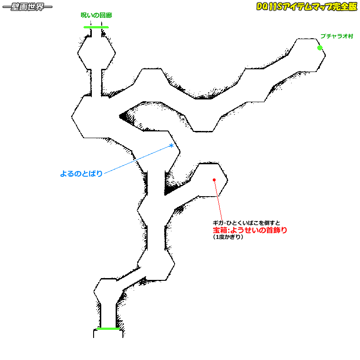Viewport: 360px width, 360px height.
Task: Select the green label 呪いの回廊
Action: click(x=96, y=15)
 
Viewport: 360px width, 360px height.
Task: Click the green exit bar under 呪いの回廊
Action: click(x=96, y=27)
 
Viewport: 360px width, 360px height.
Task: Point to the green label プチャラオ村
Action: click(x=337, y=36)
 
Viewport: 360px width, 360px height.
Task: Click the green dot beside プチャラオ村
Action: click(x=320, y=48)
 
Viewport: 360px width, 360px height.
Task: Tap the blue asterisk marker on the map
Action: click(x=171, y=145)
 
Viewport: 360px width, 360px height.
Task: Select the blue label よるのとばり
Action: click(x=81, y=173)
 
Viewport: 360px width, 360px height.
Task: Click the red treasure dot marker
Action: click(x=214, y=180)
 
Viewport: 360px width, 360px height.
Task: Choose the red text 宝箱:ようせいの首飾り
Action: click(x=250, y=230)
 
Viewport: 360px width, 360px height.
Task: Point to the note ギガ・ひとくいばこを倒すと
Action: click(x=247, y=223)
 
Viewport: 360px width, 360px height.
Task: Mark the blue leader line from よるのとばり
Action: click(x=135, y=160)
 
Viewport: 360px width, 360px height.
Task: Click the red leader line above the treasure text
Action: click(x=217, y=200)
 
